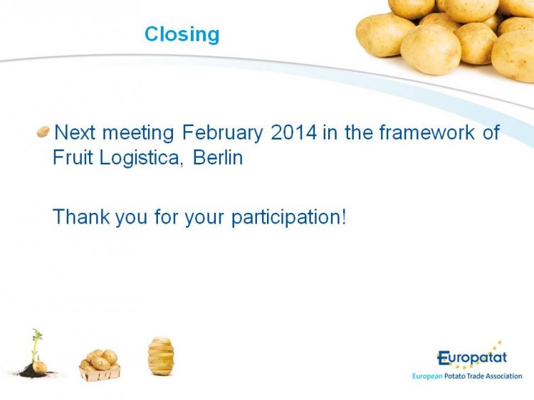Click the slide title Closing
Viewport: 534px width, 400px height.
pyautogui.click(x=182, y=35)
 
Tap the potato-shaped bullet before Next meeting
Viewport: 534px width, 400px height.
pyautogui.click(x=43, y=132)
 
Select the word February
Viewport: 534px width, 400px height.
pyautogui.click(x=222, y=133)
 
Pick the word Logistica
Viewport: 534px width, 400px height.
pyautogui.click(x=140, y=158)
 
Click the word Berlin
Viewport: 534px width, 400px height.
pyautogui.click(x=218, y=157)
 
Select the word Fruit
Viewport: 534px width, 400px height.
pyautogui.click(x=73, y=157)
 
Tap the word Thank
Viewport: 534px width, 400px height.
pyautogui.click(x=81, y=216)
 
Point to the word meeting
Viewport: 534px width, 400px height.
pyautogui.click(x=138, y=133)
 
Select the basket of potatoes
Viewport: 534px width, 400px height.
pyautogui.click(x=100, y=365)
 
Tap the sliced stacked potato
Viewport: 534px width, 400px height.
pyautogui.click(x=161, y=356)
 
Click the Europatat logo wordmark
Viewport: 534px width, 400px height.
pyautogui.click(x=472, y=358)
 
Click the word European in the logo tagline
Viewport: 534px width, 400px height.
pyautogui.click(x=427, y=377)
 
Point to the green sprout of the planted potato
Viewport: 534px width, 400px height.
pyautogui.click(x=36, y=343)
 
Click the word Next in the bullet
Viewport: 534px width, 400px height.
pyautogui.click(x=75, y=132)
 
